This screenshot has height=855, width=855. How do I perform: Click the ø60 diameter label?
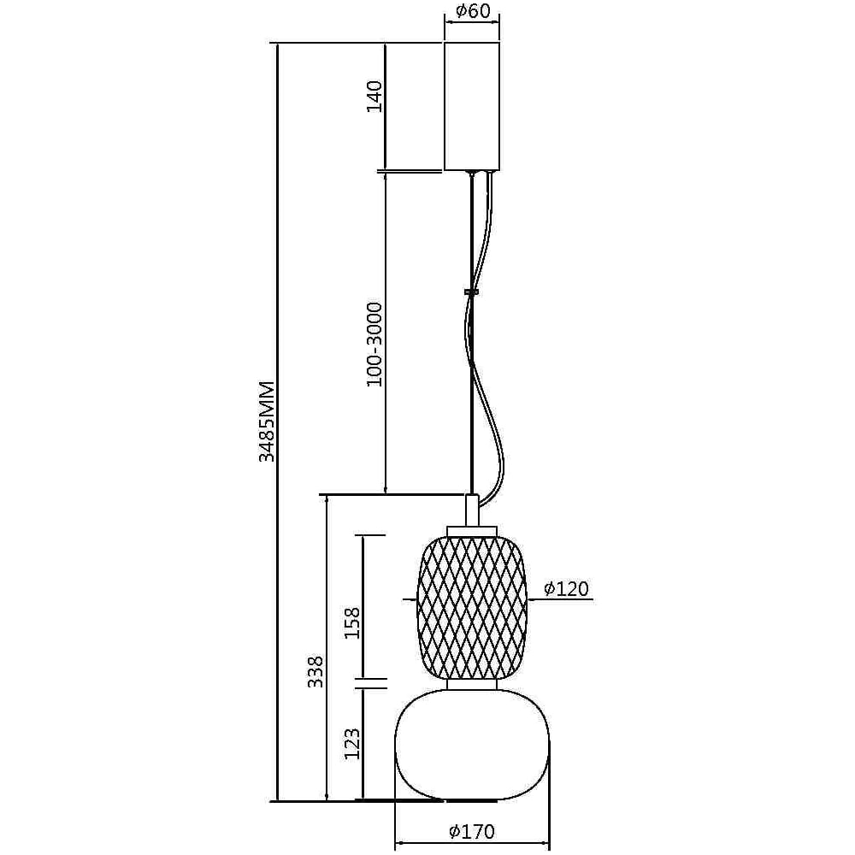coord(473,11)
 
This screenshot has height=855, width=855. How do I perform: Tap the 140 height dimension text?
coord(374,96)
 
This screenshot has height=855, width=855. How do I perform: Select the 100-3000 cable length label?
coord(374,345)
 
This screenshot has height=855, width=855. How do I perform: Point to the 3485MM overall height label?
coord(267,422)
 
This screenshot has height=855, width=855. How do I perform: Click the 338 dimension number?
coord(315,671)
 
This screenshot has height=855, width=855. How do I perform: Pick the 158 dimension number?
coord(351,622)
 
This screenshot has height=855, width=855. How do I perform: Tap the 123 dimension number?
coord(351,744)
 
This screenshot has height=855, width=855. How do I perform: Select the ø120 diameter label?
coord(567,588)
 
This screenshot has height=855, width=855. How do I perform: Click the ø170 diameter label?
coord(472,832)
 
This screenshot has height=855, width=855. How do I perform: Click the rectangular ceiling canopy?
coord(472,106)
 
